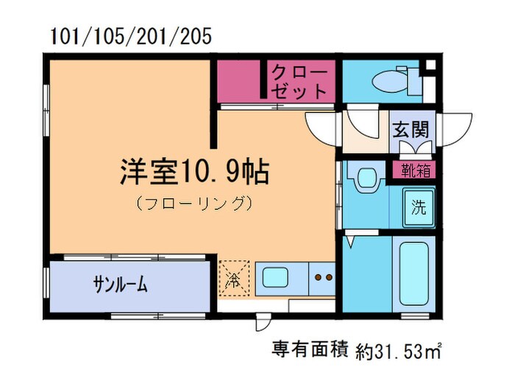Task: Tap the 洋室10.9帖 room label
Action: point(193,172)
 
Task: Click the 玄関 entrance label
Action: point(411,130)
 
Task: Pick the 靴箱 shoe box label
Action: point(416,170)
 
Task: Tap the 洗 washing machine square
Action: point(417,206)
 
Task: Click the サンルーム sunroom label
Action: point(120,285)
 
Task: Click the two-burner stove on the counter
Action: point(323,278)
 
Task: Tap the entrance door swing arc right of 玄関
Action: point(455,129)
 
